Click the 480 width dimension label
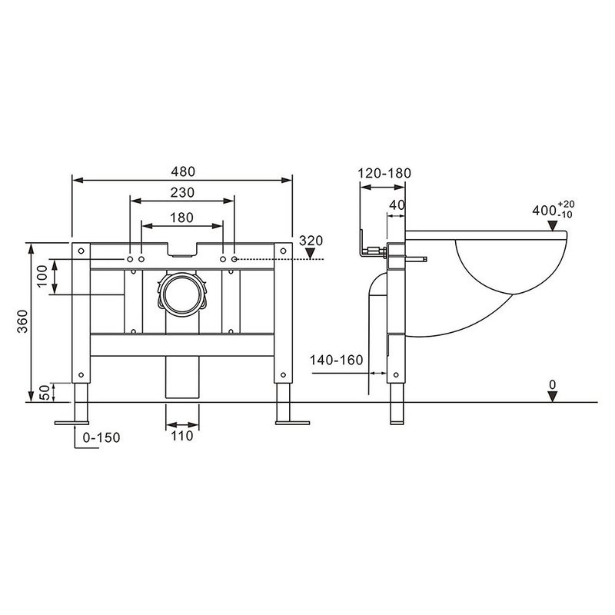point(183,171)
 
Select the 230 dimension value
point(182,192)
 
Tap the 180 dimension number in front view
point(181,218)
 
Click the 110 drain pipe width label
point(182,436)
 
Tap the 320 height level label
point(310,241)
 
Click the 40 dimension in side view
point(397,205)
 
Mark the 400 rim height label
point(547,209)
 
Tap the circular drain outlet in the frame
point(182,292)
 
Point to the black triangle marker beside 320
point(310,255)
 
